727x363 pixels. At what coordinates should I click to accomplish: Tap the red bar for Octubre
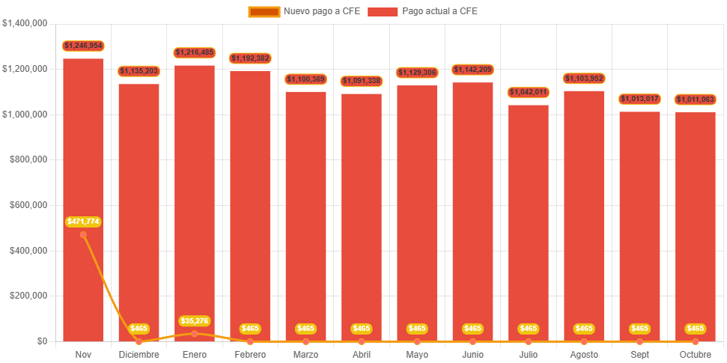[x=695, y=225]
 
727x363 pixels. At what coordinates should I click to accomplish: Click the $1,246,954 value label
[x=83, y=46]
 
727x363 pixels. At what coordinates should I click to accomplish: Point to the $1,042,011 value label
[x=529, y=92]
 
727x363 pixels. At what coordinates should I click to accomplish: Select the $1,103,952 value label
[x=584, y=79]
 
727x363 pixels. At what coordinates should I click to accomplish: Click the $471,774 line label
[x=83, y=222]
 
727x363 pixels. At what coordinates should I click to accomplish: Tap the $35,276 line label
[x=195, y=321]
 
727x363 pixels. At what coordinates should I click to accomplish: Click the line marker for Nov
[x=83, y=234]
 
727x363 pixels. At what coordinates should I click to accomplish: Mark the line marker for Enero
[x=195, y=333]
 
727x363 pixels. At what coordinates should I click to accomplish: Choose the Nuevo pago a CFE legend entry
[x=304, y=11]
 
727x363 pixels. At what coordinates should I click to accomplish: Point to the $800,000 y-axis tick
[x=26, y=159]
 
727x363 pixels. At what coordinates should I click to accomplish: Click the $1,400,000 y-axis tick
[x=25, y=23]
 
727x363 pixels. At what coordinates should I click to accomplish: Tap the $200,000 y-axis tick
[x=26, y=296]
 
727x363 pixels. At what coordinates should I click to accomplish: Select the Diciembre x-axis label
[x=139, y=354]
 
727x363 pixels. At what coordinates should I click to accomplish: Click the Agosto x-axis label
[x=584, y=354]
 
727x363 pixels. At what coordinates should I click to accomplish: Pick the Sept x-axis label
[x=639, y=354]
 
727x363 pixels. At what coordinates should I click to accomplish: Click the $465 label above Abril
[x=362, y=329]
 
